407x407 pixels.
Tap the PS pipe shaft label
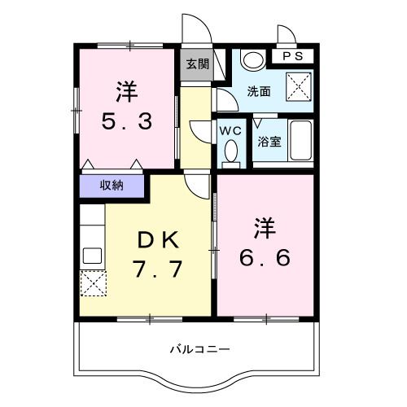pyautogui.click(x=294, y=57)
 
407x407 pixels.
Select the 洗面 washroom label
pyautogui.click(x=260, y=92)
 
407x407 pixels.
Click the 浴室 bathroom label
pyautogui.click(x=269, y=141)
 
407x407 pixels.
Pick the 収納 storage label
pyautogui.click(x=112, y=186)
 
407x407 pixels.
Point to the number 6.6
pyautogui.click(x=265, y=256)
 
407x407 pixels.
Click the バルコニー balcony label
pyautogui.click(x=199, y=349)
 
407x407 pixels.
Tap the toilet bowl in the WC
pyautogui.click(x=230, y=151)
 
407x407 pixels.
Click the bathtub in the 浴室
pyautogui.click(x=303, y=143)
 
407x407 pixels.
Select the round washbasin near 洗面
pyautogui.click(x=253, y=60)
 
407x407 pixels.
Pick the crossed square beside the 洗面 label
pyautogui.click(x=300, y=84)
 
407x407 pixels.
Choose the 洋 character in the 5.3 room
pyautogui.click(x=125, y=90)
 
